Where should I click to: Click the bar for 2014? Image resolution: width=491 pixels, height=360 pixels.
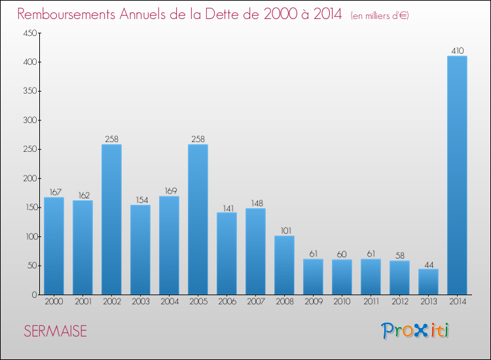click(457, 175)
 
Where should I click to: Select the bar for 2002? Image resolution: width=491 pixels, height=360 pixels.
click(111, 219)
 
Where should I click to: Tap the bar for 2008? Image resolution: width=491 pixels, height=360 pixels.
click(284, 265)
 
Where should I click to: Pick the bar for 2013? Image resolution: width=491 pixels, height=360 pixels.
click(428, 281)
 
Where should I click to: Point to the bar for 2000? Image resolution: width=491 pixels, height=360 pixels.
click(54, 246)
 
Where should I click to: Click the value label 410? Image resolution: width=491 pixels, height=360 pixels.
click(458, 50)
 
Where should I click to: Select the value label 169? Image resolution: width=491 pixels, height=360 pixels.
click(171, 190)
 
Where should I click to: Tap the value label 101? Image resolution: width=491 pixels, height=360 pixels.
click(286, 230)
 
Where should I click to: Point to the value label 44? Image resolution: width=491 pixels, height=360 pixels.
click(429, 265)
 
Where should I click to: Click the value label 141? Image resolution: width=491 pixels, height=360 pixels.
click(228, 209)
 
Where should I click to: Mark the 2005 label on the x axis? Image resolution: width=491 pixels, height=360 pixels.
click(198, 302)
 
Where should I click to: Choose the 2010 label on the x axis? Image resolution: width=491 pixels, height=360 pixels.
click(342, 302)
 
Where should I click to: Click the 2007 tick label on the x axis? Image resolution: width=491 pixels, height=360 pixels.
click(256, 302)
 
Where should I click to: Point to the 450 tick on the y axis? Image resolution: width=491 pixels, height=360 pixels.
click(30, 33)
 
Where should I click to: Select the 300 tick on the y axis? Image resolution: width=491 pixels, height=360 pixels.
click(30, 120)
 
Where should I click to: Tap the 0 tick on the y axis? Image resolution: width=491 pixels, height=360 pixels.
click(35, 295)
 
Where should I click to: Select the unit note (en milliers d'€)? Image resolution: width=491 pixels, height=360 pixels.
click(380, 16)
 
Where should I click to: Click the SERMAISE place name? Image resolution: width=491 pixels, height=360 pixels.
click(56, 331)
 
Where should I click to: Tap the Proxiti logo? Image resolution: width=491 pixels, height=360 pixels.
click(415, 331)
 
